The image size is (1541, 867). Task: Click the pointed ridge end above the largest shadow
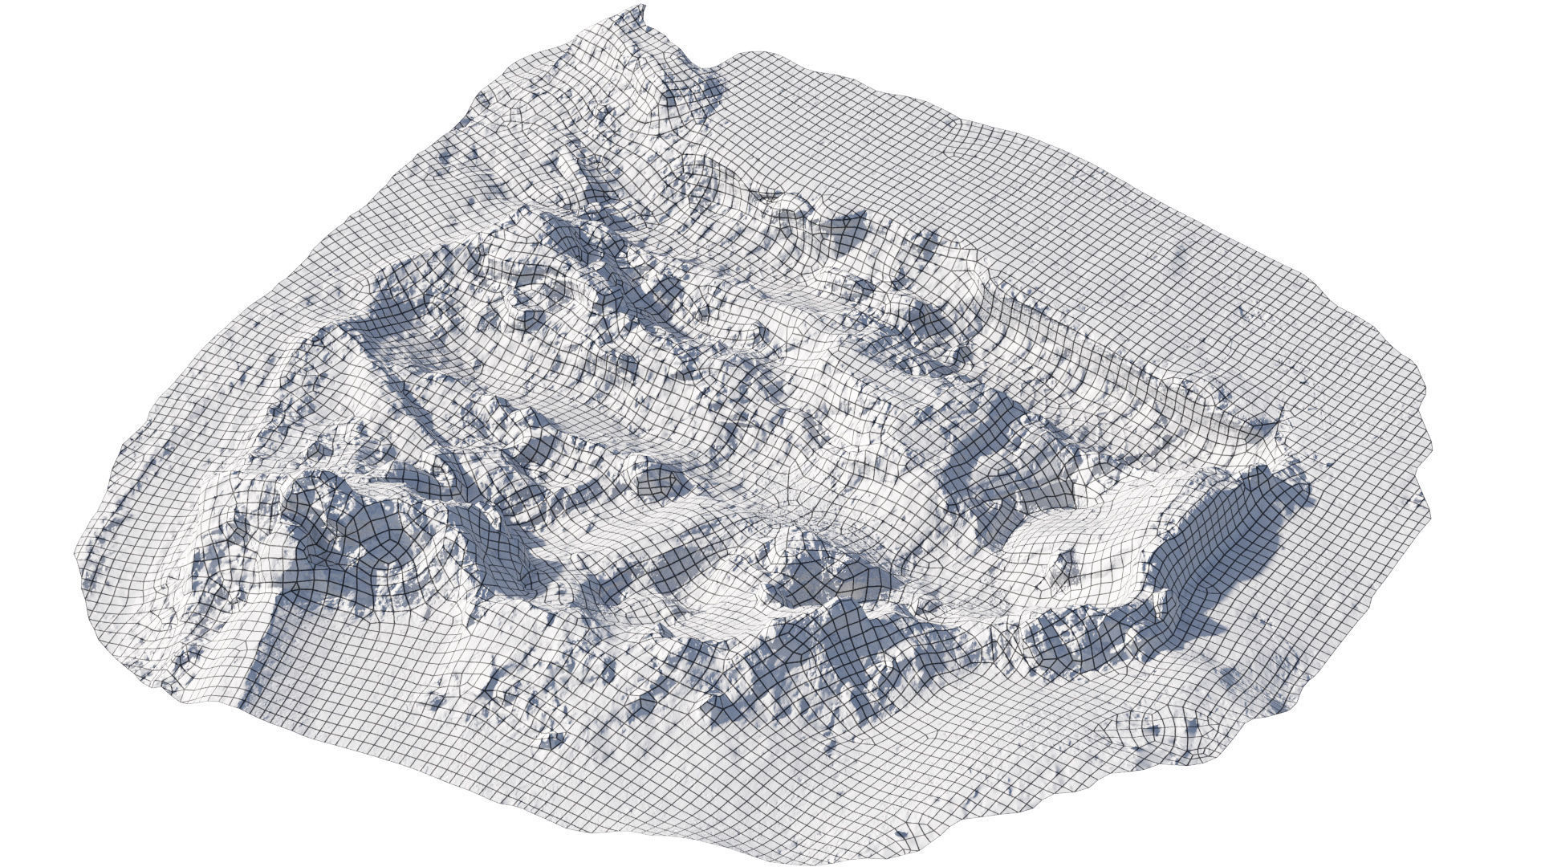click(x=1276, y=417)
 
